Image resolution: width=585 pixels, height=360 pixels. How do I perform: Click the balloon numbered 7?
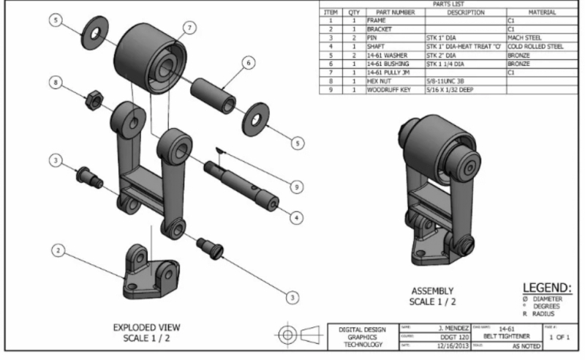[189, 28]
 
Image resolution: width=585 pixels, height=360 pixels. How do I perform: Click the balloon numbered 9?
[295, 187]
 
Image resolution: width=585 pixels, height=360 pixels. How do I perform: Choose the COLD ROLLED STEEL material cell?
[540, 45]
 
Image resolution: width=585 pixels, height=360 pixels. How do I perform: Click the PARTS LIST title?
[450, 4]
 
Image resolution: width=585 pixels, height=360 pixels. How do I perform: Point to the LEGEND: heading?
[548, 289]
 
